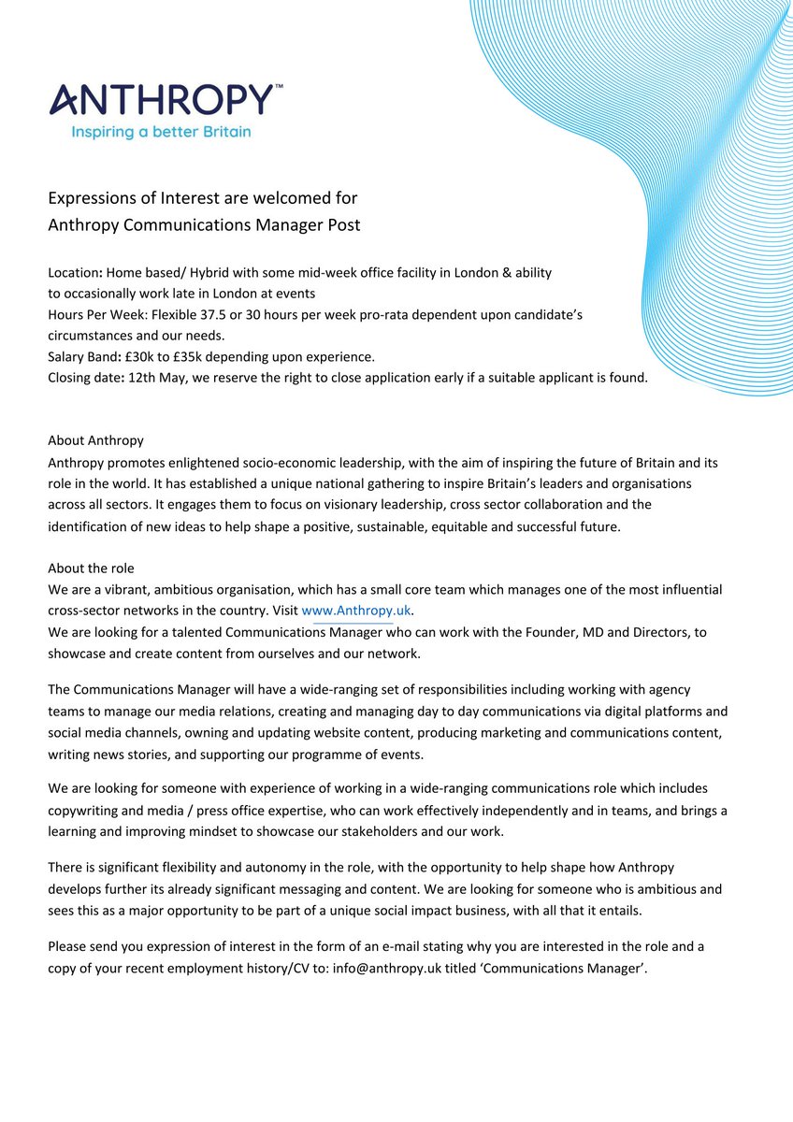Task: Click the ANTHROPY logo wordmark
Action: pyautogui.click(x=161, y=99)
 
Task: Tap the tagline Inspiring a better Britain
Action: pyautogui.click(x=161, y=132)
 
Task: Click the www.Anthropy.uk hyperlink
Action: pyautogui.click(x=356, y=611)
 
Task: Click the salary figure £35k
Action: pyautogui.click(x=193, y=356)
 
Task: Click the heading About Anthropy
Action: pyautogui.click(x=95, y=440)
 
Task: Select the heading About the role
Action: pyautogui.click(x=92, y=568)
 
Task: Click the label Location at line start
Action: pyautogui.click(x=74, y=273)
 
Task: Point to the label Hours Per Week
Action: pyautogui.click(x=94, y=314)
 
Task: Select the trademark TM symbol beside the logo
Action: pyautogui.click(x=278, y=86)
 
